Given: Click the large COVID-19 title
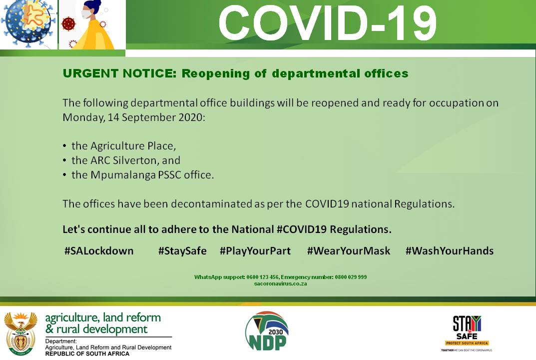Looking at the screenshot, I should coord(327,23).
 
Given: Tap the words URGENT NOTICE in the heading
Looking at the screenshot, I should coord(119,74).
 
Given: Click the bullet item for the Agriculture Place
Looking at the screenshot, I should coord(124,146).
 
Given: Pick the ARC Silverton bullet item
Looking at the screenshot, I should coord(125,160).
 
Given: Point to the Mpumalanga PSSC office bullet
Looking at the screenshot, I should coord(142,175).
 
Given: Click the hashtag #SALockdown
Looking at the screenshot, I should coord(99,251).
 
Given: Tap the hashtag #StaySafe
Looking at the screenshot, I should coord(182,251).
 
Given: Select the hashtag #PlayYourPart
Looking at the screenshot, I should coord(255,251).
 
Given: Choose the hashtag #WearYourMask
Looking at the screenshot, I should coord(349,251).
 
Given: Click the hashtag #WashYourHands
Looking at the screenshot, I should coord(449,251).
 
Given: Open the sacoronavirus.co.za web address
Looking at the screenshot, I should coord(280,283).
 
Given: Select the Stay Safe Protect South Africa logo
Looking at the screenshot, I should coord(467,333).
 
